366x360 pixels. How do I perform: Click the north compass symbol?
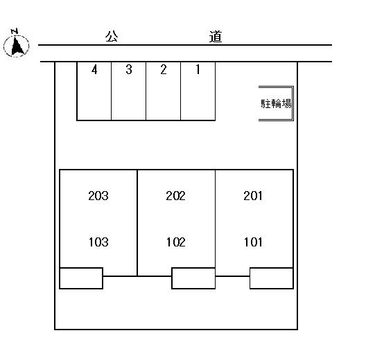(17, 46)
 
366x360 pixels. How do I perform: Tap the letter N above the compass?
(15, 31)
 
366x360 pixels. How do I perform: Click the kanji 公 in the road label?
(112, 37)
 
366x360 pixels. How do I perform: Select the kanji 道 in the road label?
(215, 37)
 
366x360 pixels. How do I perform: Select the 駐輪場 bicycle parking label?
(276, 104)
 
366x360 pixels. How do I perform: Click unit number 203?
(98, 196)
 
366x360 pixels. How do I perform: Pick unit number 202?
(176, 196)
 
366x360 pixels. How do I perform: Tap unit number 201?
(253, 196)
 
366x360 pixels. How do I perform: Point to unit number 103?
(98, 242)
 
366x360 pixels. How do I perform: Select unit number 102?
(176, 242)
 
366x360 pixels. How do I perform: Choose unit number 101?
(253, 242)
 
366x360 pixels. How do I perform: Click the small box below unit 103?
(81, 278)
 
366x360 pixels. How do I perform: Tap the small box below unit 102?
(193, 278)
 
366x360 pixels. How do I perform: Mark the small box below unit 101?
(272, 278)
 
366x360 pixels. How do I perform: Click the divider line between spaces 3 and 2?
(146, 91)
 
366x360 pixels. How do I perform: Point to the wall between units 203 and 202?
(137, 223)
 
